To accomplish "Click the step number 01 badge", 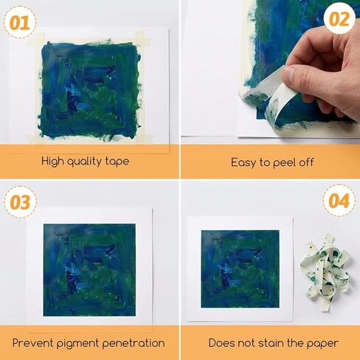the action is click(20, 22).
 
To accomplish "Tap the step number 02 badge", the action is click(339, 19).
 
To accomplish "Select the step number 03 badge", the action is click(20, 202).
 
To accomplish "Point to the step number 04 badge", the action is click(339, 201).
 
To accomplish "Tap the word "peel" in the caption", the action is click(283, 163).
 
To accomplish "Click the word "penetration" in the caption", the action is click(134, 343).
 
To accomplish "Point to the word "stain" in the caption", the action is click(270, 343).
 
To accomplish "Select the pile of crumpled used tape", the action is click(327, 272).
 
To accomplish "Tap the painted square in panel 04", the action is click(240, 269).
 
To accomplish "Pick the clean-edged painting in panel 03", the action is click(89, 270).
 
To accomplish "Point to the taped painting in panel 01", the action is click(89, 91).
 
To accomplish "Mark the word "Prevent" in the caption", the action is click(33, 343).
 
